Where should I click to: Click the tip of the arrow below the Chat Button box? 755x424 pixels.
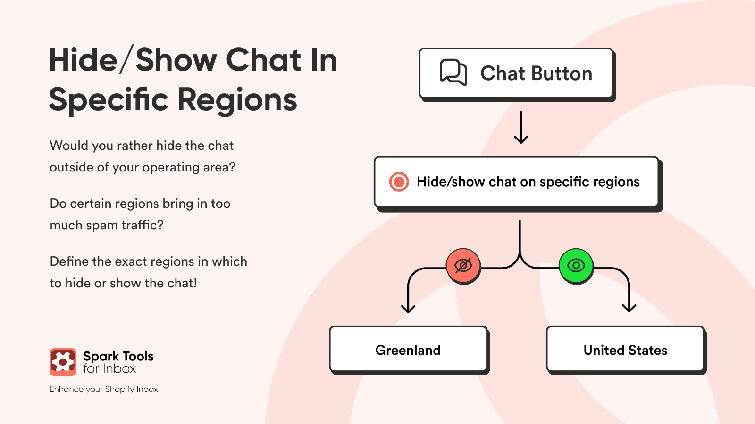pyautogui.click(x=521, y=144)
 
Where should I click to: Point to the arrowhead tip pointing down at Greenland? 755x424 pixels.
pyautogui.click(x=408, y=313)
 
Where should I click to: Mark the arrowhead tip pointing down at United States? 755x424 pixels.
pyautogui.click(x=629, y=312)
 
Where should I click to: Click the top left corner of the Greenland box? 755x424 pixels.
pyautogui.click(x=330, y=326)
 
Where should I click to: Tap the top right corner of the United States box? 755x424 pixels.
pyautogui.click(x=704, y=326)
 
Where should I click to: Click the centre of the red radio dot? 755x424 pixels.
pyautogui.click(x=399, y=182)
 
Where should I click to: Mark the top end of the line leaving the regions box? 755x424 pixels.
pyautogui.click(x=520, y=221)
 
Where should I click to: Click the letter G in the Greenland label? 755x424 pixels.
pyautogui.click(x=380, y=351)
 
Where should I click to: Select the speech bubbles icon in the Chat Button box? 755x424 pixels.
pyautogui.click(x=453, y=73)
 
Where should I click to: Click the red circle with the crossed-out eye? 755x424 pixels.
pyautogui.click(x=463, y=266)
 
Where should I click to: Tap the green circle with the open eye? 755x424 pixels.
pyautogui.click(x=576, y=266)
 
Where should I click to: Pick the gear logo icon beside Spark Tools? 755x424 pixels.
pyautogui.click(x=63, y=362)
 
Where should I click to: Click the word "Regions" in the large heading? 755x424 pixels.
pyautogui.click(x=237, y=100)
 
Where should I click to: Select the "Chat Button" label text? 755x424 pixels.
pyautogui.click(x=536, y=73)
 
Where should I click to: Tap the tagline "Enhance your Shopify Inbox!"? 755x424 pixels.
pyautogui.click(x=104, y=389)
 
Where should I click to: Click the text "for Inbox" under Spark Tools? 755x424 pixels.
pyautogui.click(x=109, y=369)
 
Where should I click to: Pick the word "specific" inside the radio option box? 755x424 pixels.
pyautogui.click(x=564, y=182)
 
